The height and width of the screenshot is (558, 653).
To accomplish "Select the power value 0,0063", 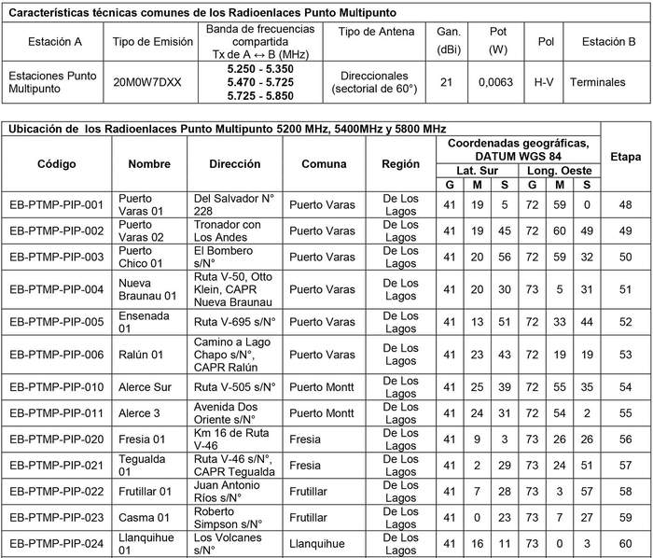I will (x=496, y=81).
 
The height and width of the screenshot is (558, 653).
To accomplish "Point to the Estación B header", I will (x=608, y=42).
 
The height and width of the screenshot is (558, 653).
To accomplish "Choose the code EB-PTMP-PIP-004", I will (x=56, y=289).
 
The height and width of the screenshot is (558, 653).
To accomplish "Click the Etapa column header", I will (x=625, y=156).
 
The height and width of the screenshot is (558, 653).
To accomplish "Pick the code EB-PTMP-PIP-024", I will (x=56, y=543).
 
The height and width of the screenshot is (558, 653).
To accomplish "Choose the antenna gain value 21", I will (x=446, y=81).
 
